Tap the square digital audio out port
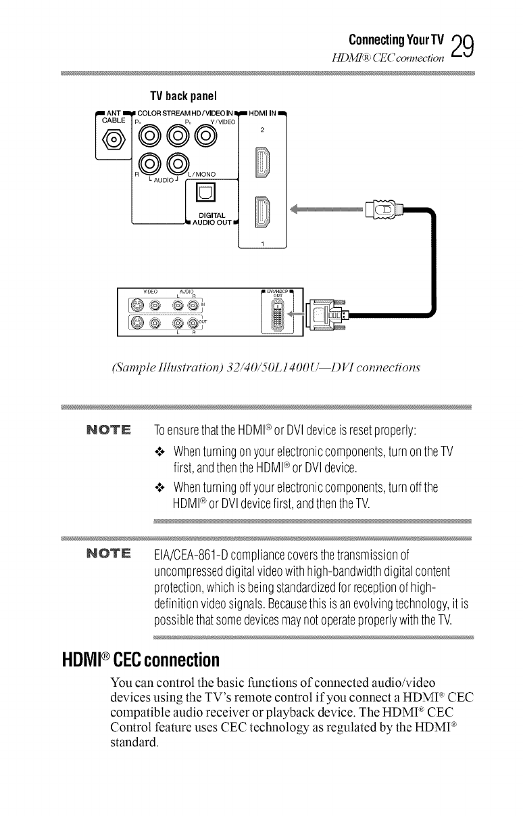[x=205, y=196]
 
